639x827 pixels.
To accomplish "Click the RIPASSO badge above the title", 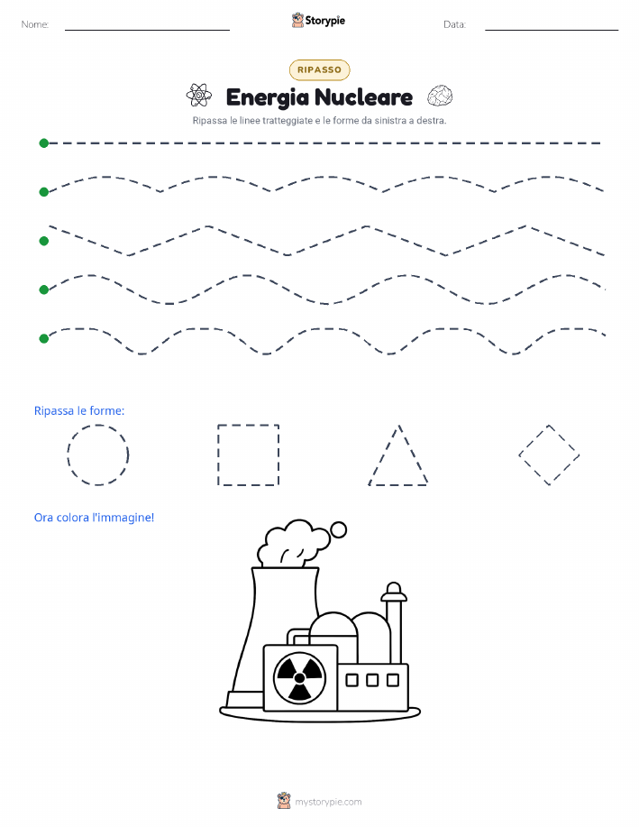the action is pos(319,69).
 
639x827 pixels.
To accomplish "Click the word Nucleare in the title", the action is pos(364,97).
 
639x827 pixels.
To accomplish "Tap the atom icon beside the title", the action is pos(199,96).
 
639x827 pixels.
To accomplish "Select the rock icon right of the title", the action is pos(440,96).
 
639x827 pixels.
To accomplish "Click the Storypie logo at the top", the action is pos(318,21).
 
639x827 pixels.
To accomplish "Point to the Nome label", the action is pos(35,24).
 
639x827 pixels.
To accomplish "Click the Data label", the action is pos(454,24).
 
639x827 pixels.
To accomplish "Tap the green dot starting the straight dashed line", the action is pos(44,142).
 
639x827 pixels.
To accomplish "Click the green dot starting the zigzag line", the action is pos(44,241).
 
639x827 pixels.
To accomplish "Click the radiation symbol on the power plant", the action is pos(299,678).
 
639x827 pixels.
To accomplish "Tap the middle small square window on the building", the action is pos(372,680).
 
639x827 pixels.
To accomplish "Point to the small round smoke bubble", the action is pos(338,529).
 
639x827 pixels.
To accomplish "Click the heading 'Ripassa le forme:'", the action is pos(79,411).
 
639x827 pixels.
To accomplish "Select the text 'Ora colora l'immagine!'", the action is pos(94,518).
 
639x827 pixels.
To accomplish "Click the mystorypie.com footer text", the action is pos(328,802).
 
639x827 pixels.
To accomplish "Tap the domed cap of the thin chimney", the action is pos(394,592).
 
